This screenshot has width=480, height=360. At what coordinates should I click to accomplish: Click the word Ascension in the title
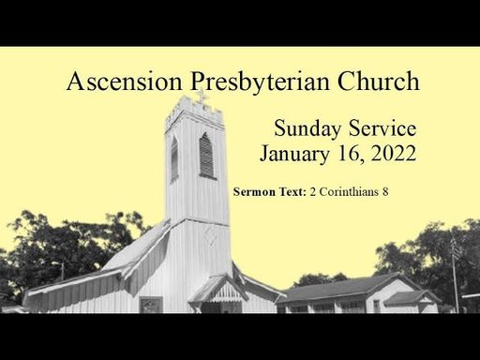[x=124, y=81]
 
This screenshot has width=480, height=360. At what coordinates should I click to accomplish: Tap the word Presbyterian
[x=260, y=82]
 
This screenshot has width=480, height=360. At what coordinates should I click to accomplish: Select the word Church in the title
[x=378, y=81]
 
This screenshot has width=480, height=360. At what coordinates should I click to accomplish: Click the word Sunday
[x=307, y=128]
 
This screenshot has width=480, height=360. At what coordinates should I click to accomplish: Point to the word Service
[x=382, y=127]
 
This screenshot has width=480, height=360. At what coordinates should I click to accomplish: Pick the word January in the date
[x=294, y=155]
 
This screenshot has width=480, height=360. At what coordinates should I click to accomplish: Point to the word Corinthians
[x=349, y=191]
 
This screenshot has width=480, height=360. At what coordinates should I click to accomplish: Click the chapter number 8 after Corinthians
[x=385, y=191]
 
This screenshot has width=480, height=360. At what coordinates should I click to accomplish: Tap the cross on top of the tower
[x=202, y=97]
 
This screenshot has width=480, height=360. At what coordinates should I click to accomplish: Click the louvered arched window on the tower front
[x=206, y=156]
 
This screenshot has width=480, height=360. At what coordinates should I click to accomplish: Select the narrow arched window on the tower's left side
[x=174, y=159]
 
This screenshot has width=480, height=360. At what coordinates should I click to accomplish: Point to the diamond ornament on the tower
[x=210, y=236]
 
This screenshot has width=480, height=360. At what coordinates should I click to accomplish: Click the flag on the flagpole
[x=456, y=248]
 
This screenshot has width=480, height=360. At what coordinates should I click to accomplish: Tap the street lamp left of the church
[x=60, y=270]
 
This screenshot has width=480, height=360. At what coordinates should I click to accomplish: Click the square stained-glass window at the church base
[x=151, y=305]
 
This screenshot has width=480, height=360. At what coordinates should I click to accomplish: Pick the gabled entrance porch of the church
[x=219, y=292]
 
